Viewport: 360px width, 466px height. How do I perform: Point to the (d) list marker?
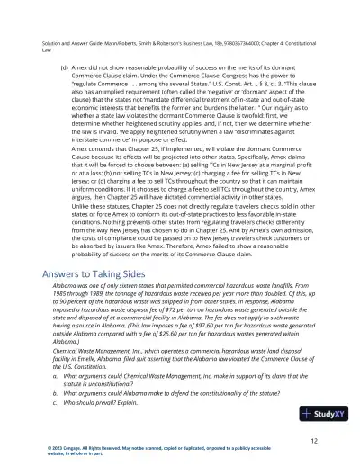(x=64, y=66)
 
